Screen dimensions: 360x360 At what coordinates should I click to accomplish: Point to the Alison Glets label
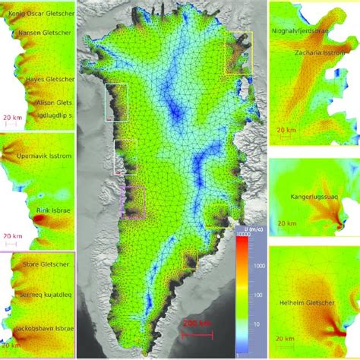point(52,102)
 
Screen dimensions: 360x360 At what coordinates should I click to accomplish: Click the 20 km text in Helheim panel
point(285,338)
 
